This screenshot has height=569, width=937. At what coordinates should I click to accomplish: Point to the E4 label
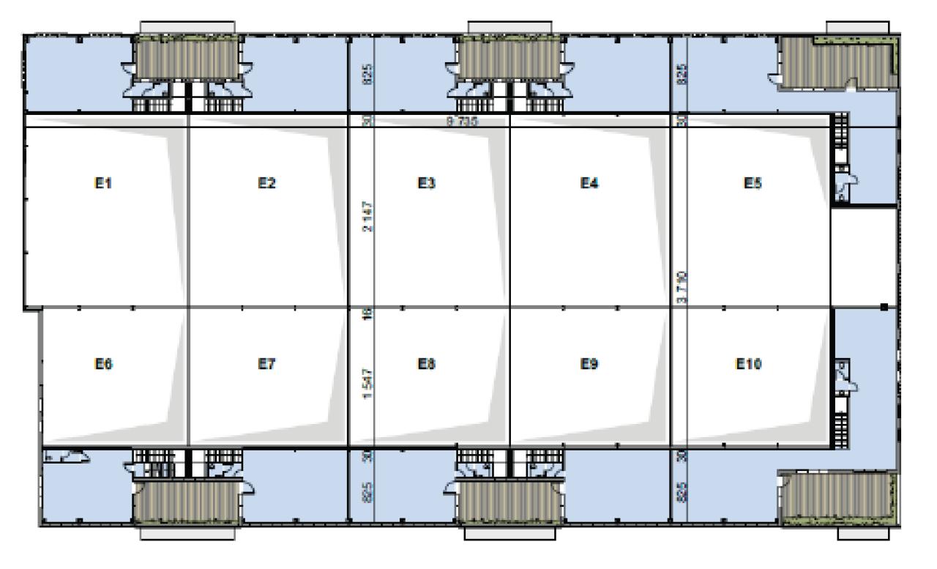589,183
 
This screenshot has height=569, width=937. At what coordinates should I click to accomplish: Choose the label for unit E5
752,183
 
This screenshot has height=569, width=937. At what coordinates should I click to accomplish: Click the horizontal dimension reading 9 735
462,122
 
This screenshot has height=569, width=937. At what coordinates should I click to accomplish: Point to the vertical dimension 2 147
368,217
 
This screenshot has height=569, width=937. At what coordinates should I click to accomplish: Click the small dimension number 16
368,314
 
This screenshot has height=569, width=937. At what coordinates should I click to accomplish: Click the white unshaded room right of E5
864,256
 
